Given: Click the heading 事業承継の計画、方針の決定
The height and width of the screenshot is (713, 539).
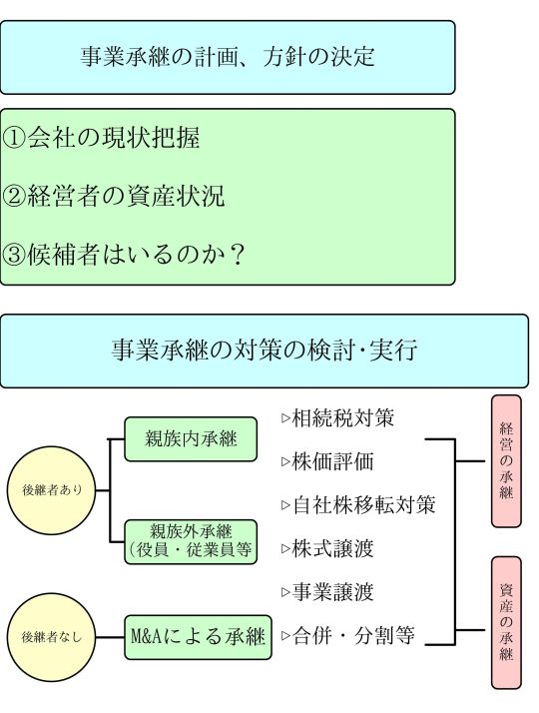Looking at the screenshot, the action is coord(228,57).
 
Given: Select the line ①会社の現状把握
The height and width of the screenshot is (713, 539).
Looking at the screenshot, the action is coord(101,138).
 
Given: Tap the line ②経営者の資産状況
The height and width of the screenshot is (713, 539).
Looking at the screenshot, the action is coord(114,196).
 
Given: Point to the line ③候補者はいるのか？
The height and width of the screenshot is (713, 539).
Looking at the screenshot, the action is coord(124,255).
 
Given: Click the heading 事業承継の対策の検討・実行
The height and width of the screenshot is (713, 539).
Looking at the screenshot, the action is coord(265,351).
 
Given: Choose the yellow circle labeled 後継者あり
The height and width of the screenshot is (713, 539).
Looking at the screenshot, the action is coord(51,490).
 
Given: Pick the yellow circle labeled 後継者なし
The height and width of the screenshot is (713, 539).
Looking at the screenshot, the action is coord(51,637).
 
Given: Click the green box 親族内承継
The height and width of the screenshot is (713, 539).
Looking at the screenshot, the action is coord(191,439).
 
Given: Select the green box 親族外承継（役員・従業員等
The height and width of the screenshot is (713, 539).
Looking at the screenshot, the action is coord(191,542).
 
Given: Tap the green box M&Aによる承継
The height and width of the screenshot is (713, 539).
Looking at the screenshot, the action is coord(199,637).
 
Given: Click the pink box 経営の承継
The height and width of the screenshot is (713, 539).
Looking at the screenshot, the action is coord(506,461).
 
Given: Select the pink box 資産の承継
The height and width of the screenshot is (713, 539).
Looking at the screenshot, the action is coord(506,623).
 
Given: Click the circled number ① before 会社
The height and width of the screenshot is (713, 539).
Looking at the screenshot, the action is coord(14,138).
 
